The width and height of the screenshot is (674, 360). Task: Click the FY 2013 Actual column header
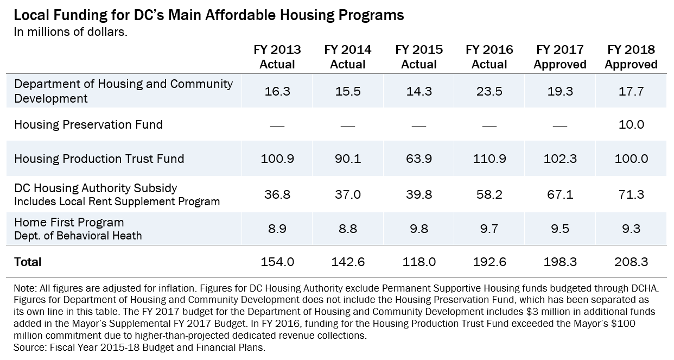(x=277, y=57)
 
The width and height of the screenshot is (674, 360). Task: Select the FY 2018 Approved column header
(x=631, y=57)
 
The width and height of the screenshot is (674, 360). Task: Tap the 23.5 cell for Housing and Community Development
(x=489, y=91)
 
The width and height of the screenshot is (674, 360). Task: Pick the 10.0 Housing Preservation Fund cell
(x=631, y=125)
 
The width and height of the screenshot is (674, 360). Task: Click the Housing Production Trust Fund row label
(x=99, y=159)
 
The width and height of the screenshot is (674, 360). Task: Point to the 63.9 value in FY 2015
(x=419, y=159)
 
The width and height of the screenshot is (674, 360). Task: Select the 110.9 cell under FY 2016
(x=489, y=159)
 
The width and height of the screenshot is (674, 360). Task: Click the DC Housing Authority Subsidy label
(x=96, y=188)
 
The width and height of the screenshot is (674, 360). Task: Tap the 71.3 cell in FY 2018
(x=631, y=194)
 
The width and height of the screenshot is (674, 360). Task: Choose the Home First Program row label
(x=69, y=223)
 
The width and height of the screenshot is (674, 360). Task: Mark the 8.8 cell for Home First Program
(x=348, y=229)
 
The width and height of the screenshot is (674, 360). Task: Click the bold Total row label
(x=28, y=262)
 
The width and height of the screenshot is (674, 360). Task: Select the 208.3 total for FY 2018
(x=631, y=262)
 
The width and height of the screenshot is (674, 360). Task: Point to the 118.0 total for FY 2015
(x=419, y=262)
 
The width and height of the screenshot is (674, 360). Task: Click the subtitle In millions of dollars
(x=71, y=32)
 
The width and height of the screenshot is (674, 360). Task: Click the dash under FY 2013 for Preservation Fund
(x=277, y=125)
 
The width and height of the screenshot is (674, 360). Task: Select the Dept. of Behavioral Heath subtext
(x=78, y=236)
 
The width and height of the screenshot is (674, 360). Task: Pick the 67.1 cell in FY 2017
(x=560, y=194)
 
